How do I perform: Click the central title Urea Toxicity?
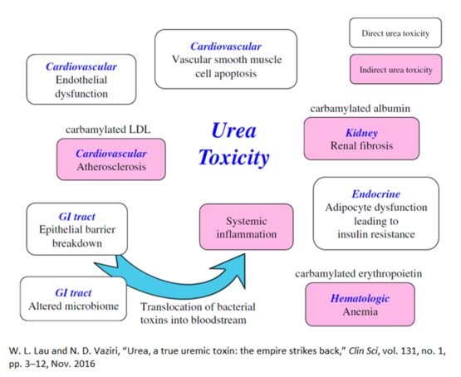point(241,144)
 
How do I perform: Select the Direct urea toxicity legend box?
point(395,34)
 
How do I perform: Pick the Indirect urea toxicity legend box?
point(395,71)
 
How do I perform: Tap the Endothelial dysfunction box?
point(81,80)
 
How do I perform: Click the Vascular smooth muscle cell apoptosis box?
point(226,59)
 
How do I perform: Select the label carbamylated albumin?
point(360,108)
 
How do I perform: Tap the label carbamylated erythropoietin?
point(360,273)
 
